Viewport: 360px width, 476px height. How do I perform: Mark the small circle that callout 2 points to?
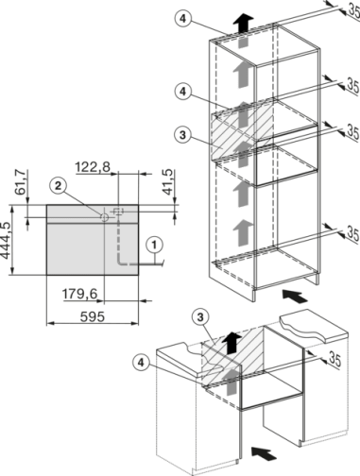103,214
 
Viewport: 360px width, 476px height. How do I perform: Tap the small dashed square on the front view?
118,209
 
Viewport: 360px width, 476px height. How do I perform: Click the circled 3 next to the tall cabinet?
183,136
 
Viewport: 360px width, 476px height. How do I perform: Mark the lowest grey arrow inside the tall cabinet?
243,227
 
